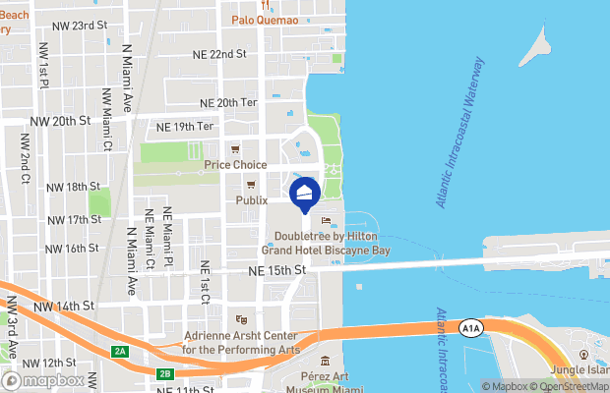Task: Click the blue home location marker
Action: tap(304, 195)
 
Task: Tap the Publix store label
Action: tap(252, 199)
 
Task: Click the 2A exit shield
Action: tap(120, 351)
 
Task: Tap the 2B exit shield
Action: tap(166, 372)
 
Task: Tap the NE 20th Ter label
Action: tap(227, 102)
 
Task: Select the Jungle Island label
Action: tap(582, 370)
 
